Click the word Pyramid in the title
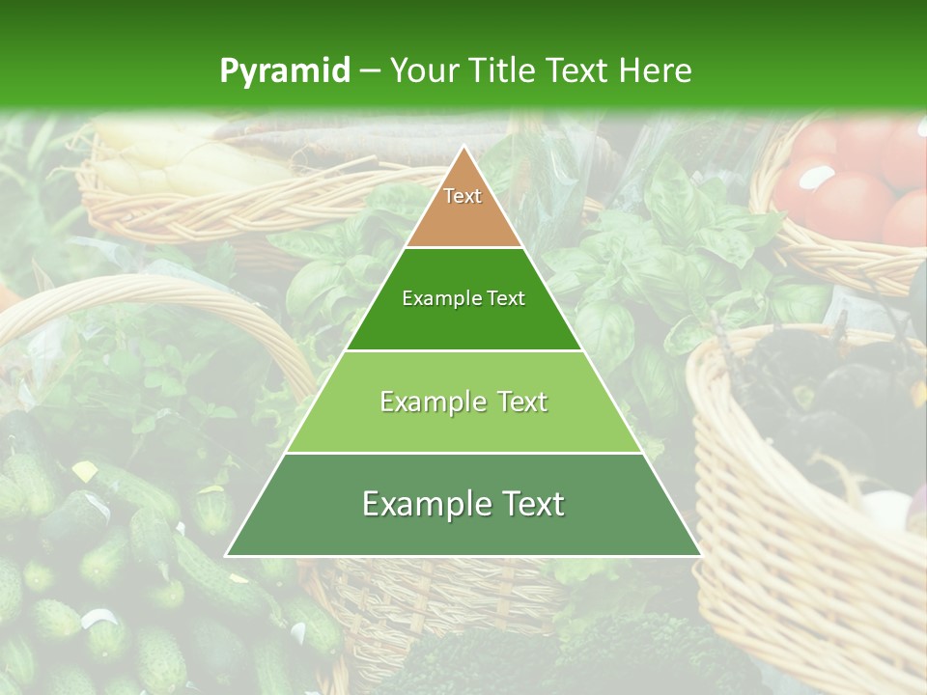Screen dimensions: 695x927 [284, 71]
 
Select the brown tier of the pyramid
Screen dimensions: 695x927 [463, 217]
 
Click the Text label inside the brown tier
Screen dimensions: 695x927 [463, 196]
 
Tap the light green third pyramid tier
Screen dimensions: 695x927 [463, 425]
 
